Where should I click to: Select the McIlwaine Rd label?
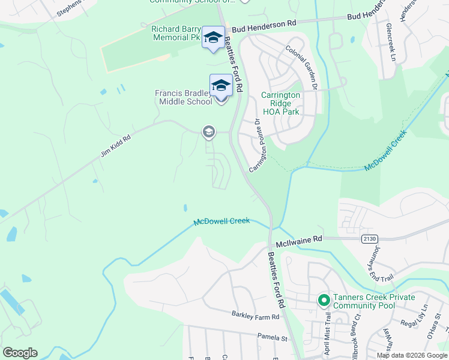click(299, 239)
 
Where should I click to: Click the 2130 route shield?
click(370, 239)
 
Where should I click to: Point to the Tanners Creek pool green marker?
click(324, 299)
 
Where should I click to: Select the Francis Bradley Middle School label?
click(184, 97)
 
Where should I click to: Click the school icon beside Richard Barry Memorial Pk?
click(212, 38)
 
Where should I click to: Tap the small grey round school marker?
click(208, 131)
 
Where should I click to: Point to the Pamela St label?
click(270, 338)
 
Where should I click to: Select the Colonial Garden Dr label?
click(301, 68)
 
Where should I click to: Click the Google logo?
click(20, 353)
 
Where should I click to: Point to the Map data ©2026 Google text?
click(411, 355)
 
